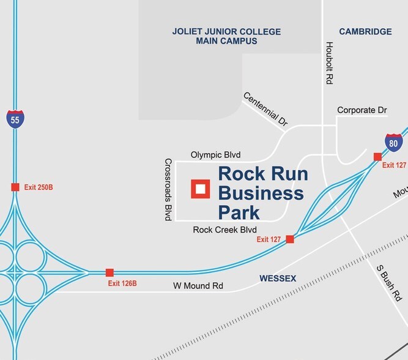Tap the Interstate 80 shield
pos(395,143)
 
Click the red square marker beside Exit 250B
pos(15,187)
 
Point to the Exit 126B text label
pos(122,283)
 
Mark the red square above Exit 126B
pos(109,272)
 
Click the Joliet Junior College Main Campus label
pos(226,36)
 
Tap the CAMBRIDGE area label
pos(365,32)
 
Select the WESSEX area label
pos(278,279)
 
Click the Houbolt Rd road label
pos(328,64)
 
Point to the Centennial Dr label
pos(265,109)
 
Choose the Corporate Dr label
pos(362,110)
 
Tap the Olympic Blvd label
pos(213,155)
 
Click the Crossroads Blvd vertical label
pos(168,189)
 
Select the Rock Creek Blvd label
pos(224,230)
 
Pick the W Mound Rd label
pos(198,286)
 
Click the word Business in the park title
pos(261,193)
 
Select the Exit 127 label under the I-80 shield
pos(394,165)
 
